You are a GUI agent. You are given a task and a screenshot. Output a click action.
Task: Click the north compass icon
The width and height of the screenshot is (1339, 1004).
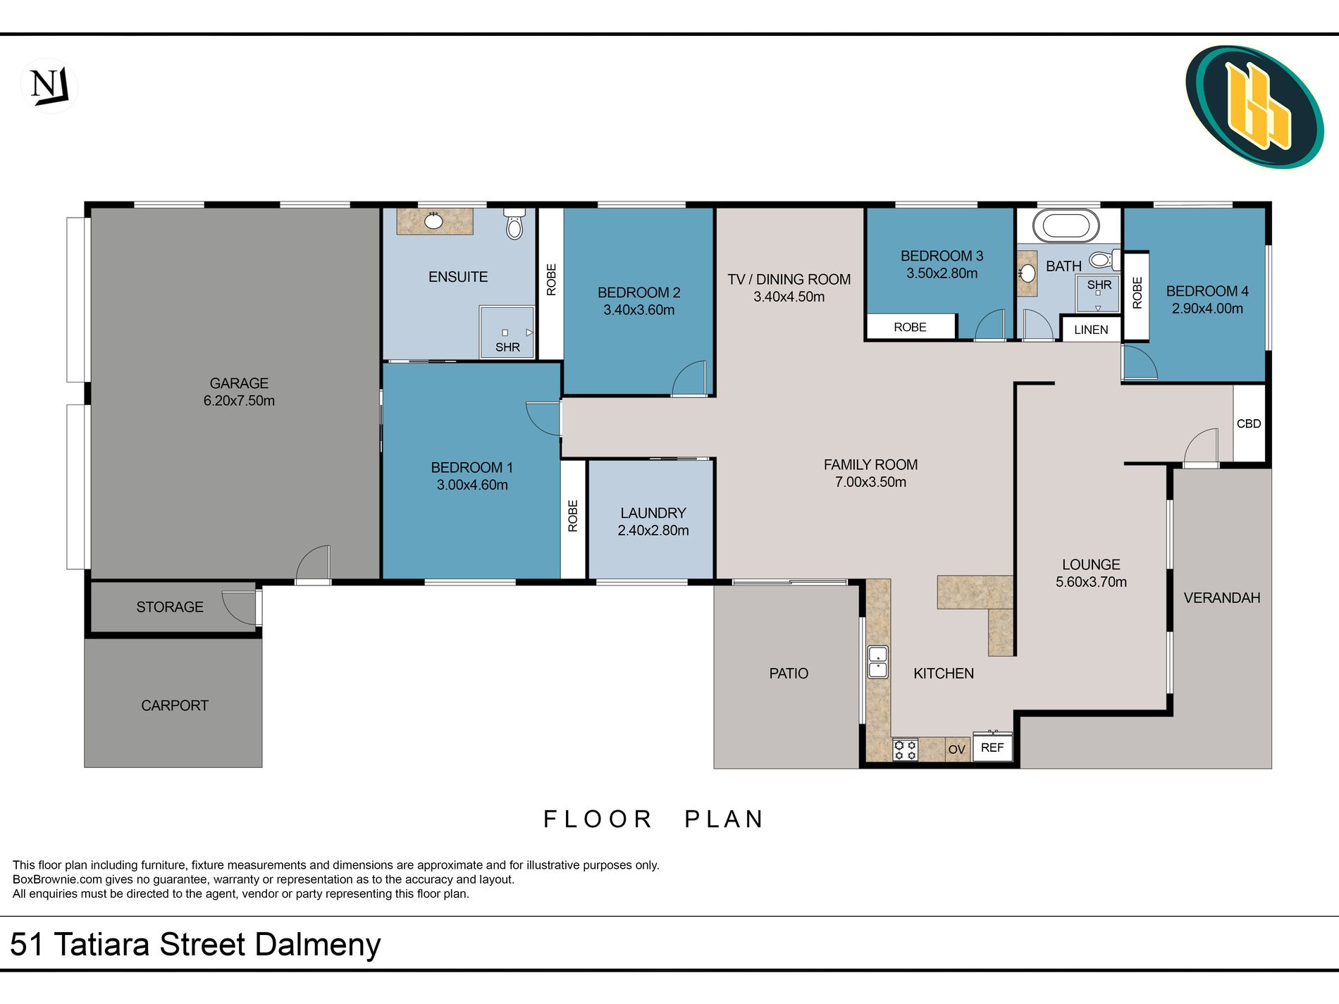[x=49, y=86]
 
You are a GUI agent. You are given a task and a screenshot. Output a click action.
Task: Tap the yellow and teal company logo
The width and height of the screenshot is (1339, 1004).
[x=1254, y=107]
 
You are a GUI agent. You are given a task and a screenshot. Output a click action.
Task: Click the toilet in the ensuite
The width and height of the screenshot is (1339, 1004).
[x=514, y=223]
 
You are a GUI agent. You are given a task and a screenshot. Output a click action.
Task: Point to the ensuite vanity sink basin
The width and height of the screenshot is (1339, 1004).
[x=433, y=221]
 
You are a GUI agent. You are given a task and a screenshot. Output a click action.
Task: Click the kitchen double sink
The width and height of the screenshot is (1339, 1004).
[x=878, y=662]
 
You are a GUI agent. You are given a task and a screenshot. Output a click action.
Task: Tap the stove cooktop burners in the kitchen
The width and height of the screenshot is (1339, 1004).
[x=905, y=750]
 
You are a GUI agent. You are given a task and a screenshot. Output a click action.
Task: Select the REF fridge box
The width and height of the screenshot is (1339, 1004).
[x=992, y=747]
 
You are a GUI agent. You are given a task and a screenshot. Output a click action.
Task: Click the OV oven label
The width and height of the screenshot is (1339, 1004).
[x=956, y=749]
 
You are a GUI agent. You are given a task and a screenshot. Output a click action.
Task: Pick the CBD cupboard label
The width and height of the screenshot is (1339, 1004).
[x=1249, y=423]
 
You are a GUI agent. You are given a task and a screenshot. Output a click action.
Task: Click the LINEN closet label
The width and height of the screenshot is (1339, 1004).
[x=1091, y=330]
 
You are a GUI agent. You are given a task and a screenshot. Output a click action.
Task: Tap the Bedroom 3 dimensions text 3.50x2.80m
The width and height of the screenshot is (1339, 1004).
[x=942, y=273]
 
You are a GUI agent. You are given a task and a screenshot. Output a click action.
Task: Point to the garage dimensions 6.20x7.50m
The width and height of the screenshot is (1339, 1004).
[x=239, y=401]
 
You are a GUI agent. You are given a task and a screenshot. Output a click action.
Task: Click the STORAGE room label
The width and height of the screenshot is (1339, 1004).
[x=170, y=607]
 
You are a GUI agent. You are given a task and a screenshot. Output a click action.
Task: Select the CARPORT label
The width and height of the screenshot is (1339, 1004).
[x=175, y=705]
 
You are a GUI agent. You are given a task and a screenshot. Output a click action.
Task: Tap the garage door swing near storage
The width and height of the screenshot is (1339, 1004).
[x=313, y=564]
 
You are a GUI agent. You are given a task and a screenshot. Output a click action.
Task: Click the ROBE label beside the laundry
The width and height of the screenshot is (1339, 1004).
[x=573, y=516]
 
